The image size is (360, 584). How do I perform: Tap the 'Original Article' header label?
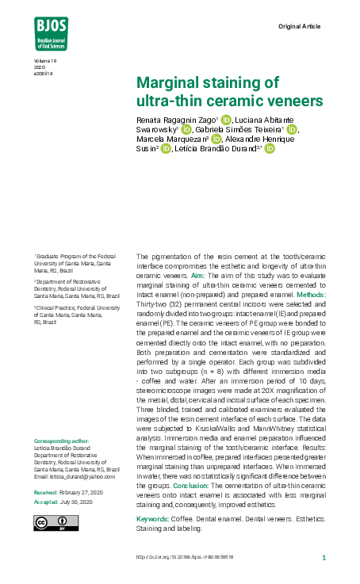click(299, 27)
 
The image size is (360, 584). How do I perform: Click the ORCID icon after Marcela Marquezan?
click(216, 139)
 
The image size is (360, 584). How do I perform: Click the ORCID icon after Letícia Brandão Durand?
click(270, 149)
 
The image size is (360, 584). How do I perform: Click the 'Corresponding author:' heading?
click(62, 441)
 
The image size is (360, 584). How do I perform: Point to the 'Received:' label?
click(45, 492)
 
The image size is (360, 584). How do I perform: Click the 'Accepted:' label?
click(45, 502)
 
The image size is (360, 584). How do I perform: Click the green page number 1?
click(324, 558)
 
